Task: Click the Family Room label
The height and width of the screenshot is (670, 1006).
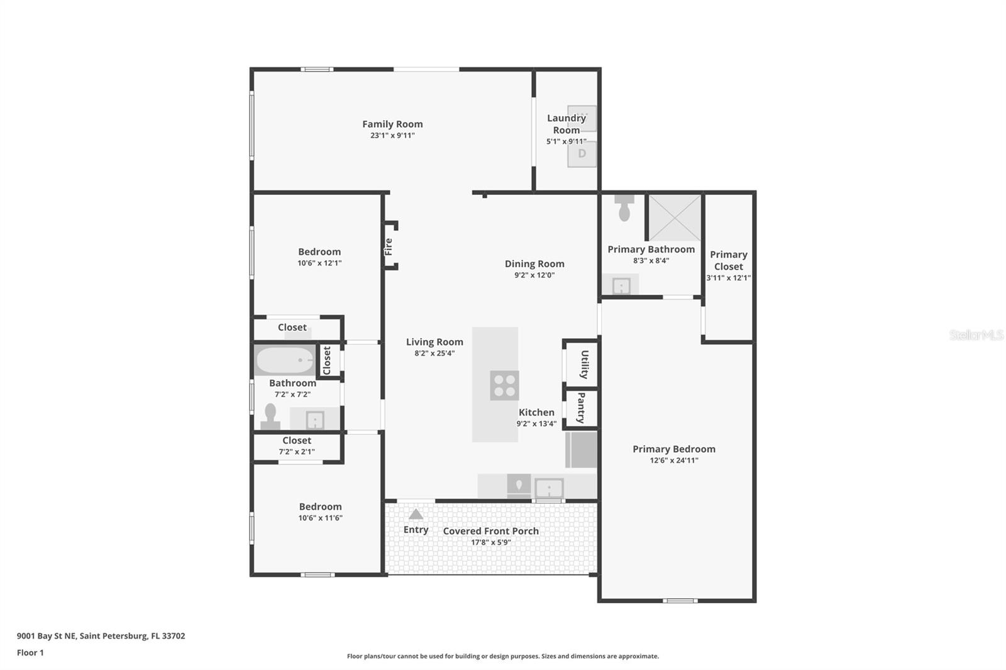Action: click(x=392, y=124)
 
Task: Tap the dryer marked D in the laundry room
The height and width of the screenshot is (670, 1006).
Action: click(x=582, y=155)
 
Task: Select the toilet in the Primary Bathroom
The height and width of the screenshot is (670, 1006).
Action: click(x=624, y=208)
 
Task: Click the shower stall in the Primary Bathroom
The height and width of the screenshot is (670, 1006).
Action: click(x=675, y=218)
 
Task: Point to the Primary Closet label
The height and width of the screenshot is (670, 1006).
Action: click(x=729, y=260)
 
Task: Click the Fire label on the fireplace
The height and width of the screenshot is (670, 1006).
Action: click(x=389, y=246)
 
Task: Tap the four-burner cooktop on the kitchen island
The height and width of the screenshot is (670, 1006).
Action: click(x=504, y=385)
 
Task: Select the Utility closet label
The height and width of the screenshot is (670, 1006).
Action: click(x=584, y=364)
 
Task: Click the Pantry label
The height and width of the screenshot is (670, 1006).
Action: click(x=581, y=408)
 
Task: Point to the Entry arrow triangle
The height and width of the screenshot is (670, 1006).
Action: click(x=416, y=515)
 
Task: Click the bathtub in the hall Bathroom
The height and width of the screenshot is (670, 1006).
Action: click(x=285, y=360)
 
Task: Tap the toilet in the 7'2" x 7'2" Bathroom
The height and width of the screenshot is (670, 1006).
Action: click(x=270, y=416)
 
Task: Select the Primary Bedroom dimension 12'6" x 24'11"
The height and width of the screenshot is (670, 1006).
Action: click(x=674, y=460)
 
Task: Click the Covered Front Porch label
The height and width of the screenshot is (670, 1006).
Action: click(x=491, y=531)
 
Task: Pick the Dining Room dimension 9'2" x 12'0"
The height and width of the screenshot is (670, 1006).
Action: click(x=534, y=275)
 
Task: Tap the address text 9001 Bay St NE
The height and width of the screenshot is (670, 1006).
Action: click(x=47, y=636)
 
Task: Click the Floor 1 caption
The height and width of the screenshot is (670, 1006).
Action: click(x=30, y=653)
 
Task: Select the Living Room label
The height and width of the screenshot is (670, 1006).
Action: click(x=434, y=342)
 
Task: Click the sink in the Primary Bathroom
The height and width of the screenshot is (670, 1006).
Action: click(x=621, y=285)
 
